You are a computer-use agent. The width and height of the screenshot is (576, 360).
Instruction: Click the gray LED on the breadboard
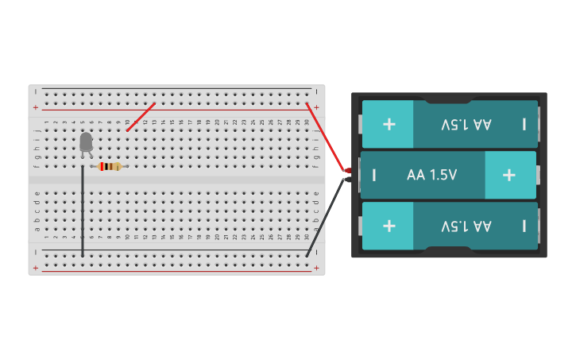[86, 142]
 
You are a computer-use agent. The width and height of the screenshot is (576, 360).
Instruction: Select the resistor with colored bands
[110, 166]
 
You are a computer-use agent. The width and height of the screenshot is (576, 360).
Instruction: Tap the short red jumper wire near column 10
[141, 117]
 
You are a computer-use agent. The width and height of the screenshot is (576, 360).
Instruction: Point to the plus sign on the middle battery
[509, 175]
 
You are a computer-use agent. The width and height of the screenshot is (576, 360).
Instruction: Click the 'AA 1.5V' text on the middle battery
[431, 175]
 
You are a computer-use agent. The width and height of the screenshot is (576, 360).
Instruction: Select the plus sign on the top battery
[389, 124]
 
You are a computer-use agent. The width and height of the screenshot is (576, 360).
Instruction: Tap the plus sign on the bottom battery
[389, 226]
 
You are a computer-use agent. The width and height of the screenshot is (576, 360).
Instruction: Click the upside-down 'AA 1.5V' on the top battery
[466, 124]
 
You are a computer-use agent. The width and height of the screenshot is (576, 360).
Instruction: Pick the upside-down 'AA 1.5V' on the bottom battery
[466, 226]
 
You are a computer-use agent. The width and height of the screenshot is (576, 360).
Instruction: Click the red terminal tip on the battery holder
[347, 171]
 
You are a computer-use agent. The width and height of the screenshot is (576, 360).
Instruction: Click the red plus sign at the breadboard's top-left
[35, 107]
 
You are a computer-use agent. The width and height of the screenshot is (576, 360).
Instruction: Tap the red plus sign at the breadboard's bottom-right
[316, 268]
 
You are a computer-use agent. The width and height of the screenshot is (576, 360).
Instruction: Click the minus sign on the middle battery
[373, 175]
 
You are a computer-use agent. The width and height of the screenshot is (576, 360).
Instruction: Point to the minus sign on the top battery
[524, 124]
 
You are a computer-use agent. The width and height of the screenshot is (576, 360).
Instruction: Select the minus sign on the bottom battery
[524, 226]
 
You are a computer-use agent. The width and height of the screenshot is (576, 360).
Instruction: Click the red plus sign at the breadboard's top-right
[316, 107]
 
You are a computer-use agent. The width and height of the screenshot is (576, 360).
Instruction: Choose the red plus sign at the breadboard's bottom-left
[35, 268]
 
